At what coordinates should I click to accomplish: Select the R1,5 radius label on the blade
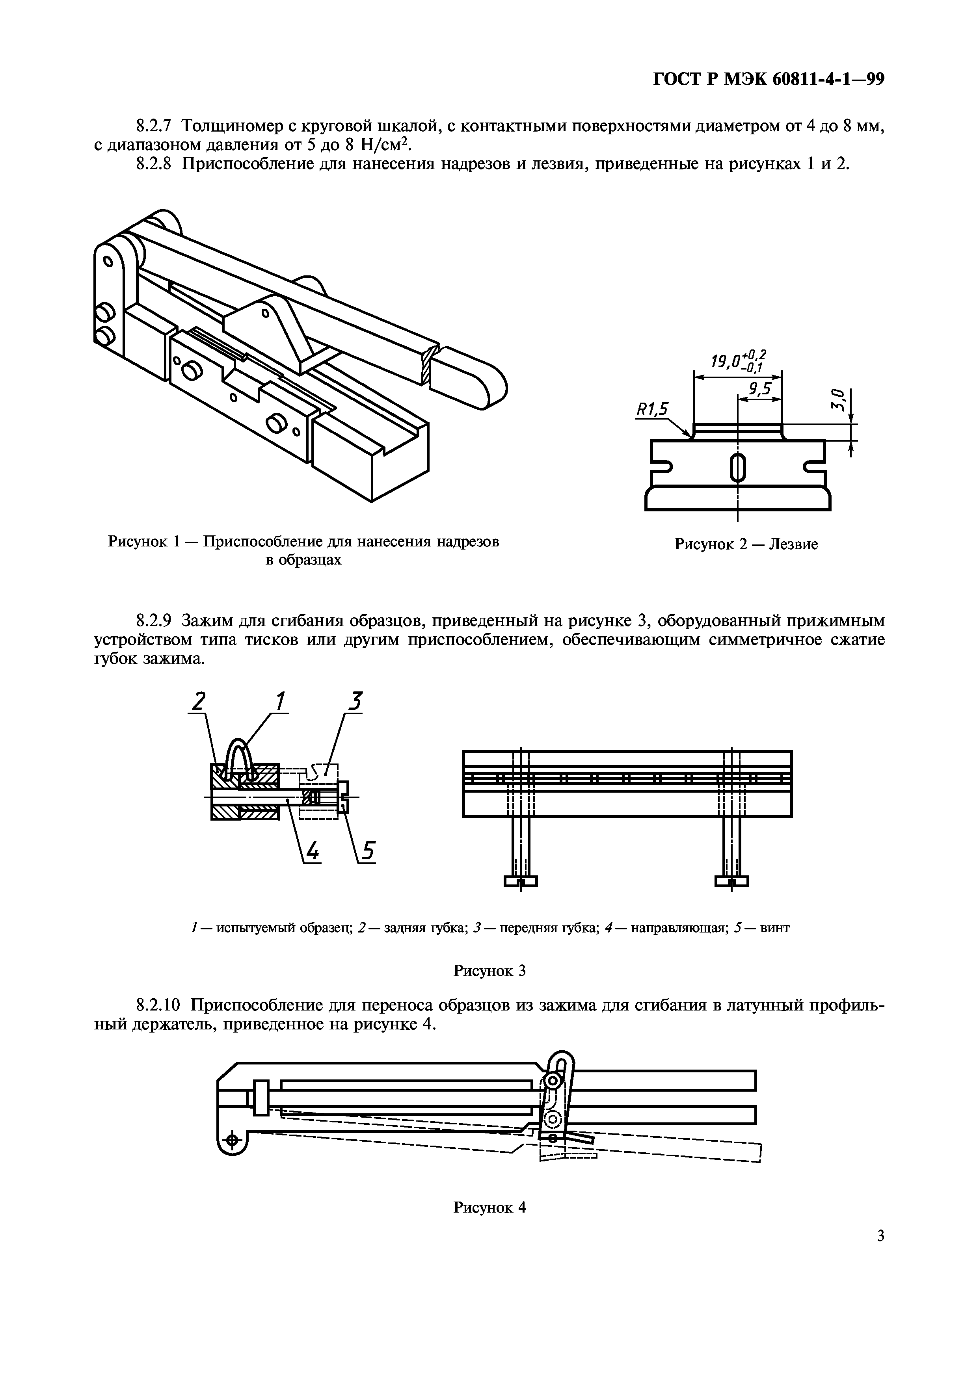pos(653,410)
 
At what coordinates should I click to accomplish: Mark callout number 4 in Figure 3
pos(313,852)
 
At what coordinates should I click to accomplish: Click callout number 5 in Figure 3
pos(368,852)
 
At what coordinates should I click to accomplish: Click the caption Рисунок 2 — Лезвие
pos(746,545)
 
